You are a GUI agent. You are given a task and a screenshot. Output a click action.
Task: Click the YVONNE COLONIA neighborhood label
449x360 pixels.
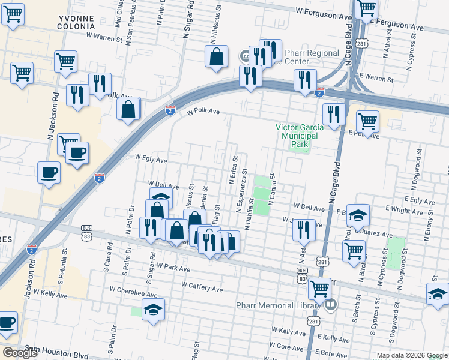[x=76, y=23]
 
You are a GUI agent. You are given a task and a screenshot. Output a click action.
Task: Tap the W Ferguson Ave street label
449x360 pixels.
[x=324, y=11]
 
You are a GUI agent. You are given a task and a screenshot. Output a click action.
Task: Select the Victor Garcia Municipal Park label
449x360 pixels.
[x=299, y=136]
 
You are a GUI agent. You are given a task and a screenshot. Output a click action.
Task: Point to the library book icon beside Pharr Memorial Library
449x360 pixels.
[x=330, y=305]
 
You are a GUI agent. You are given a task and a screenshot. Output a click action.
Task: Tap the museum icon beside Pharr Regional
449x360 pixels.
[x=245, y=56]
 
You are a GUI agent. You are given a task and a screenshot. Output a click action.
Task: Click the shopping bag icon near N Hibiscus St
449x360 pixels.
[x=216, y=57]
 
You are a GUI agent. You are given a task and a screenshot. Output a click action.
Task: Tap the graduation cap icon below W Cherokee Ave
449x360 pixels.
[x=154, y=310]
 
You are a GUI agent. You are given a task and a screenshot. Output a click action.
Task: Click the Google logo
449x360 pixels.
[x=20, y=352]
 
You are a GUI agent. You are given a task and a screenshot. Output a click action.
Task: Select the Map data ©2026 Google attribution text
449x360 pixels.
[x=411, y=355]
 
